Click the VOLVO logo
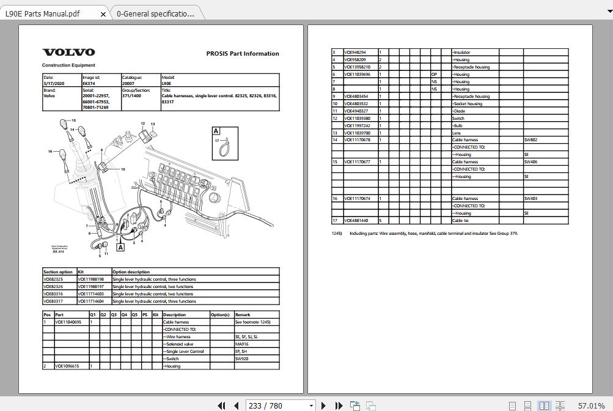point(68,53)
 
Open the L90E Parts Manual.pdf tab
point(42,13)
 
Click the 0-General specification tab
point(155,13)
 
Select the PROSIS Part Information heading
point(243,54)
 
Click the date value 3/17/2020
point(53,84)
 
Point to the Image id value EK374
point(89,84)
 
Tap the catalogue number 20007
point(129,84)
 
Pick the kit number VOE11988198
point(91,280)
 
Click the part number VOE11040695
point(68,322)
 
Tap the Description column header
point(175,315)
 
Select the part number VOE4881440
point(356,221)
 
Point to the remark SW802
point(530,140)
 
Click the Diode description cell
point(459,111)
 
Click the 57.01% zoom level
point(590,405)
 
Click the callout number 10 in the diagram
point(123,169)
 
